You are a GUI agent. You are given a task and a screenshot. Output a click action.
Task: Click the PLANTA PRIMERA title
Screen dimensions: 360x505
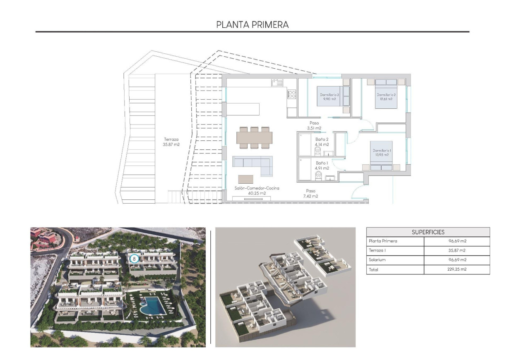[x=252, y=25]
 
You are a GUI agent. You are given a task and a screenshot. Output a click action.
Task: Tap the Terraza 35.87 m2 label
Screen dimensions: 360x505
[x=171, y=142]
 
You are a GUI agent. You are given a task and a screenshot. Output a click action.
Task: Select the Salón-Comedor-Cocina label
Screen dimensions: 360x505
[x=257, y=190]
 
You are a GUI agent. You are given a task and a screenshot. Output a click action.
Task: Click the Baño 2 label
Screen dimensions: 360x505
[x=322, y=142]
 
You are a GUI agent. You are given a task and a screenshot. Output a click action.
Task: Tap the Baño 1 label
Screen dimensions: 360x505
[x=322, y=166]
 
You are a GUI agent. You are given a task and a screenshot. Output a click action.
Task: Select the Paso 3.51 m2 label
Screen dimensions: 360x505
[x=315, y=125]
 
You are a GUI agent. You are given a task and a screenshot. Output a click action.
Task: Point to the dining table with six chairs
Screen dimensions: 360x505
[x=255, y=137]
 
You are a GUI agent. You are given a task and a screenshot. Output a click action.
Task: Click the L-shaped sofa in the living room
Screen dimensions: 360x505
[x=253, y=165]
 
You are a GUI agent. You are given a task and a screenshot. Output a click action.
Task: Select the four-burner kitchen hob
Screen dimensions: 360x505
[x=291, y=94]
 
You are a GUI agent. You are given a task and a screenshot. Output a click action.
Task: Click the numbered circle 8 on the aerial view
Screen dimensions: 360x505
[x=134, y=259]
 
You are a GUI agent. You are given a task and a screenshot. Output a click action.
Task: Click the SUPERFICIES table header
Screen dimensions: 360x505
[x=428, y=232]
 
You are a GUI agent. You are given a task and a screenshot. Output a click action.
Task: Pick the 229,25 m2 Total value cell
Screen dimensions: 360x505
[x=457, y=269]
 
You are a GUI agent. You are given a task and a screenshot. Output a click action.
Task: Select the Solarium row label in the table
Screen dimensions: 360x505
[x=376, y=260]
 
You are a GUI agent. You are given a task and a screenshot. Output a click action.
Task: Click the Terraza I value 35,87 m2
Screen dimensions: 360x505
[x=457, y=250]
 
